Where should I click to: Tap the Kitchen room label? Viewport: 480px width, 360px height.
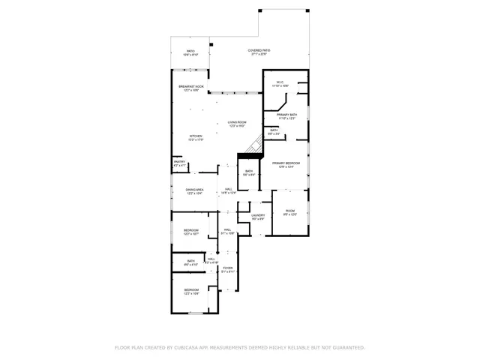(x=195, y=138)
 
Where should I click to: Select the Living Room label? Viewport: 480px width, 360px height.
(x=237, y=123)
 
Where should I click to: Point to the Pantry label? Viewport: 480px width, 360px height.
(x=179, y=163)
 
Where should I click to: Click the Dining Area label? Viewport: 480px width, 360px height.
(x=195, y=191)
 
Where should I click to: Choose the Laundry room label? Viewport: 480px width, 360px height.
(x=258, y=217)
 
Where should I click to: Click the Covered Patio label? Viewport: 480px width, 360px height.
(x=259, y=52)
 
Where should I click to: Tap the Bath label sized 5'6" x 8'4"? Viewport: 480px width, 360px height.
(x=250, y=172)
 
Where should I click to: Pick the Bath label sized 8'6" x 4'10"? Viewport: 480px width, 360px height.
(x=191, y=262)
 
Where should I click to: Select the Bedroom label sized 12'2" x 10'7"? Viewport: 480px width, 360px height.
(x=191, y=232)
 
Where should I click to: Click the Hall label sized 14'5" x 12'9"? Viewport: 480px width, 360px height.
(x=228, y=191)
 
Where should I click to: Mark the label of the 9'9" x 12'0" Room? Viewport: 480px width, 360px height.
(x=290, y=212)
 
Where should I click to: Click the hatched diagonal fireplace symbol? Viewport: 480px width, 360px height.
(x=256, y=143)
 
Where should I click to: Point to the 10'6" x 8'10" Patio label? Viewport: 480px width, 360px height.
(x=190, y=53)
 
